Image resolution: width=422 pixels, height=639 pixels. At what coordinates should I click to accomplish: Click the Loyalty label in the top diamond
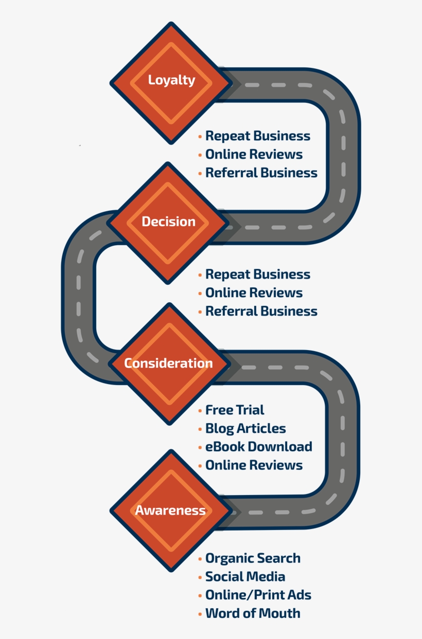tap(171, 80)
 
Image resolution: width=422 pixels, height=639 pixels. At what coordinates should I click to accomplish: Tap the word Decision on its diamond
tap(168, 222)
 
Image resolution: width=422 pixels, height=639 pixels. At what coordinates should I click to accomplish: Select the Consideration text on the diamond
tap(168, 363)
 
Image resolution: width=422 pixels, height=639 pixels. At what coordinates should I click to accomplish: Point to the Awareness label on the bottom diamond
tap(170, 510)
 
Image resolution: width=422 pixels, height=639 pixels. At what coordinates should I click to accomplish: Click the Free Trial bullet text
tap(235, 410)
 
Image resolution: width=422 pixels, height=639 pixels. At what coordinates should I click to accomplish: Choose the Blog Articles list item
tap(245, 429)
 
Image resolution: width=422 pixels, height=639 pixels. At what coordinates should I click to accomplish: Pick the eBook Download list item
tap(259, 447)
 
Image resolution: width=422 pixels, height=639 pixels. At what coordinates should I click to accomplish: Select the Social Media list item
tap(245, 576)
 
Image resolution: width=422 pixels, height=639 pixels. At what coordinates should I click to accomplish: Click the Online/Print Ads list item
tap(258, 595)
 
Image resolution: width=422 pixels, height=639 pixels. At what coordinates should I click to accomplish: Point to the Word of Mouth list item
tap(253, 613)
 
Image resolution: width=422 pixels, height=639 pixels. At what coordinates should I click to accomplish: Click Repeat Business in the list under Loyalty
tap(258, 136)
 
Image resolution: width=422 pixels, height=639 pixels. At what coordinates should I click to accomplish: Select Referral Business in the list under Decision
tap(261, 311)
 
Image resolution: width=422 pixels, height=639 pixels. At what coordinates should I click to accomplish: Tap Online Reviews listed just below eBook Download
tap(254, 465)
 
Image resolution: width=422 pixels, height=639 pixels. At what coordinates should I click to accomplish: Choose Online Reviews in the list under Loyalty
tap(254, 154)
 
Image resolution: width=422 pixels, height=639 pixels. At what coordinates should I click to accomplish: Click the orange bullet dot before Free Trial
tap(200, 411)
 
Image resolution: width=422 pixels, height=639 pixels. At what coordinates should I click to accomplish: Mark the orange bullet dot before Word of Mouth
tap(200, 614)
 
